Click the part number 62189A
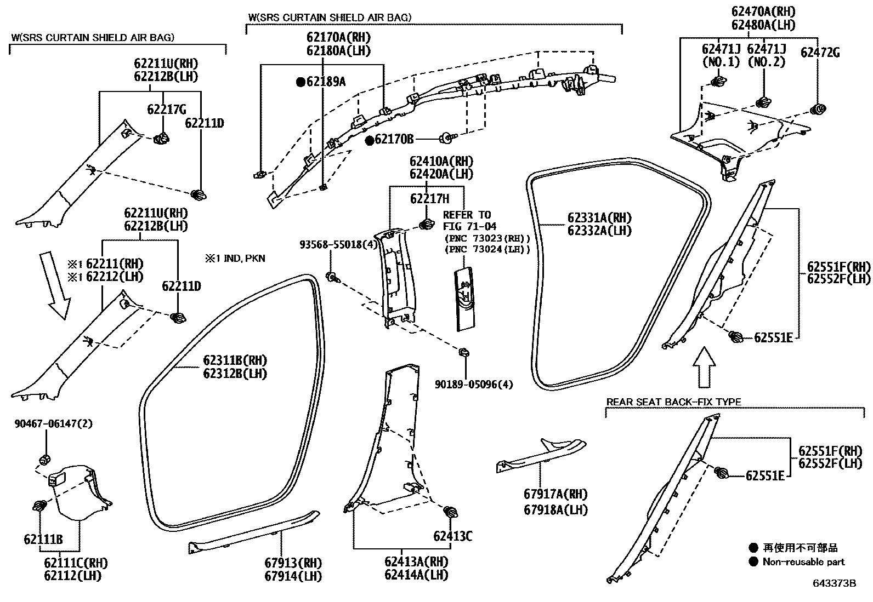tap(326, 82)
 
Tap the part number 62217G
tap(167, 110)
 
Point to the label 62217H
tap(429, 199)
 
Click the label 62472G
tap(820, 53)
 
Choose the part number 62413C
tap(452, 536)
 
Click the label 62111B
tap(43, 540)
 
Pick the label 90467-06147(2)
tap(46, 424)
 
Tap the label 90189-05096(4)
tap(474, 385)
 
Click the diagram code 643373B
tap(834, 583)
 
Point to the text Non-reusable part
tap(803, 562)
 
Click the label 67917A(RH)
tap(555, 494)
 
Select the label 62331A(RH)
tap(599, 217)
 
